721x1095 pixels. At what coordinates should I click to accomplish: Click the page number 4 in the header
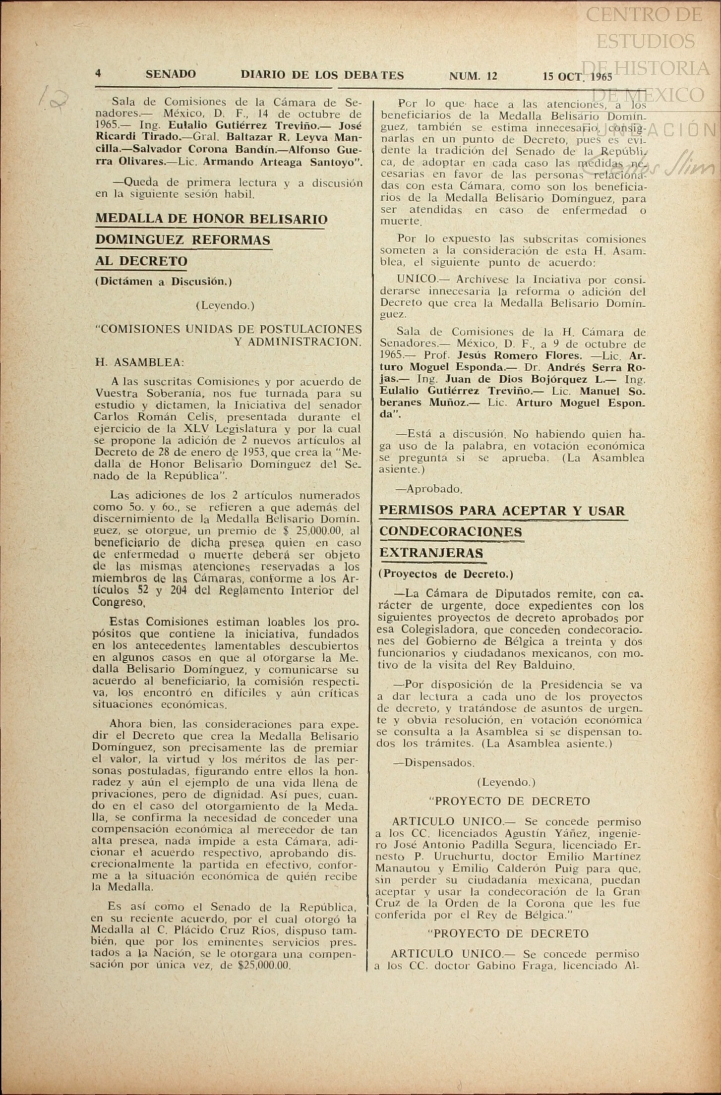[x=98, y=74]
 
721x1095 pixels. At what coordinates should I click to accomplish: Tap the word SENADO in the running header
[x=171, y=74]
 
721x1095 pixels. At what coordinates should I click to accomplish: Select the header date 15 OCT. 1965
[x=577, y=76]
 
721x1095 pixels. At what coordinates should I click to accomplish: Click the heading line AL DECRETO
[x=141, y=261]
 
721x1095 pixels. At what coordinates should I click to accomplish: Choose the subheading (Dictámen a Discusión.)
[x=163, y=282]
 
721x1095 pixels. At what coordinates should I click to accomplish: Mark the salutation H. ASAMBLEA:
[x=139, y=362]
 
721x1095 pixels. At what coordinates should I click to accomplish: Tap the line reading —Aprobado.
[x=428, y=489]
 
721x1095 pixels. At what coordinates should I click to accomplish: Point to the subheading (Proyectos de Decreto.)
[x=446, y=575]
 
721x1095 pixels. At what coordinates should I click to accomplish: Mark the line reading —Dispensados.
[x=434, y=763]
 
